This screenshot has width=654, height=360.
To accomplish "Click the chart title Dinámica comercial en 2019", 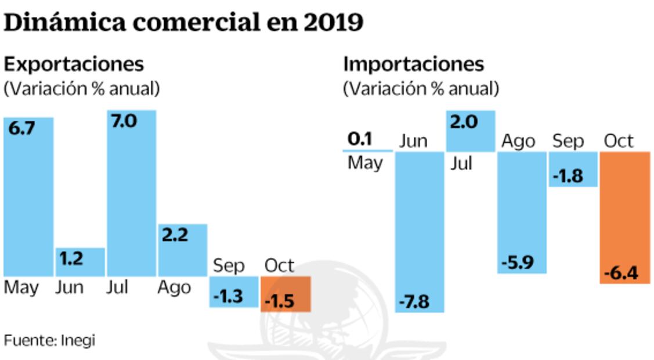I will click(183, 22).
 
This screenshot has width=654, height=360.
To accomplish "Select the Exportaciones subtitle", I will click(74, 64).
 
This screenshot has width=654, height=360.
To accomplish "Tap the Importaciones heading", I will click(413, 64).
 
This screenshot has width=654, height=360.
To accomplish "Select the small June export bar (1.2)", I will click(80, 262).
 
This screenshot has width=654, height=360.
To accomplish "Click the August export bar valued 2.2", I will click(182, 250).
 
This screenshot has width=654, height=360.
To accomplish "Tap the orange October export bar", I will click(286, 294).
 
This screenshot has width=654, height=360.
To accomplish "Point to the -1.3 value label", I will click(227, 297).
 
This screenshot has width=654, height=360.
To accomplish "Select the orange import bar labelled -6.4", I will click(625, 218).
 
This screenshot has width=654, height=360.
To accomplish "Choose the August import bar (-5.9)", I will click(522, 212).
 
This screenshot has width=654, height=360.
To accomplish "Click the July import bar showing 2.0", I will click(471, 131).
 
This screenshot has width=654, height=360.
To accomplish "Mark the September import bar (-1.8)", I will click(573, 169).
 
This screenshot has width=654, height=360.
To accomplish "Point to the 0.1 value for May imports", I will click(360, 139).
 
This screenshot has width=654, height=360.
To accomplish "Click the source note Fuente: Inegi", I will click(49, 340).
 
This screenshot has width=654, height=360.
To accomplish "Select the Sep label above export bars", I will click(229, 267).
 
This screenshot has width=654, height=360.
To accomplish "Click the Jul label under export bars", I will click(117, 287).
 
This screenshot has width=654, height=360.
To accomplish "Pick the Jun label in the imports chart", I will click(413, 141).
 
